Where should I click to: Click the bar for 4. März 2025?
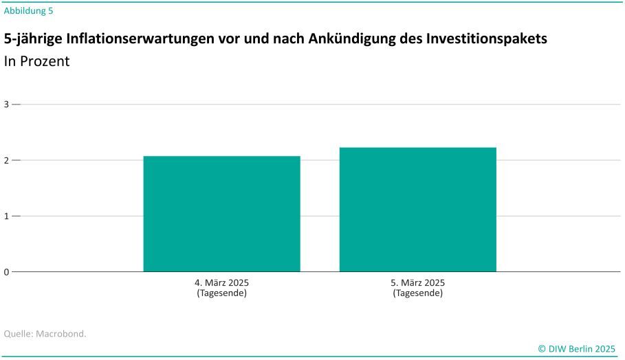[221, 214]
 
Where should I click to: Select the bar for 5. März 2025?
[417, 210]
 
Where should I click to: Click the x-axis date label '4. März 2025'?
[221, 283]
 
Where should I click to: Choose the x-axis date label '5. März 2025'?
[417, 283]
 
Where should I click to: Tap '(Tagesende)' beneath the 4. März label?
[221, 293]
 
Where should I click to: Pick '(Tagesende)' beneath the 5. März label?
[417, 293]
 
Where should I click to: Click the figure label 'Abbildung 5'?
[28, 10]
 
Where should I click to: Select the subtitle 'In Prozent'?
[36, 61]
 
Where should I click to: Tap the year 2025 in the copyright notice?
[605, 348]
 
